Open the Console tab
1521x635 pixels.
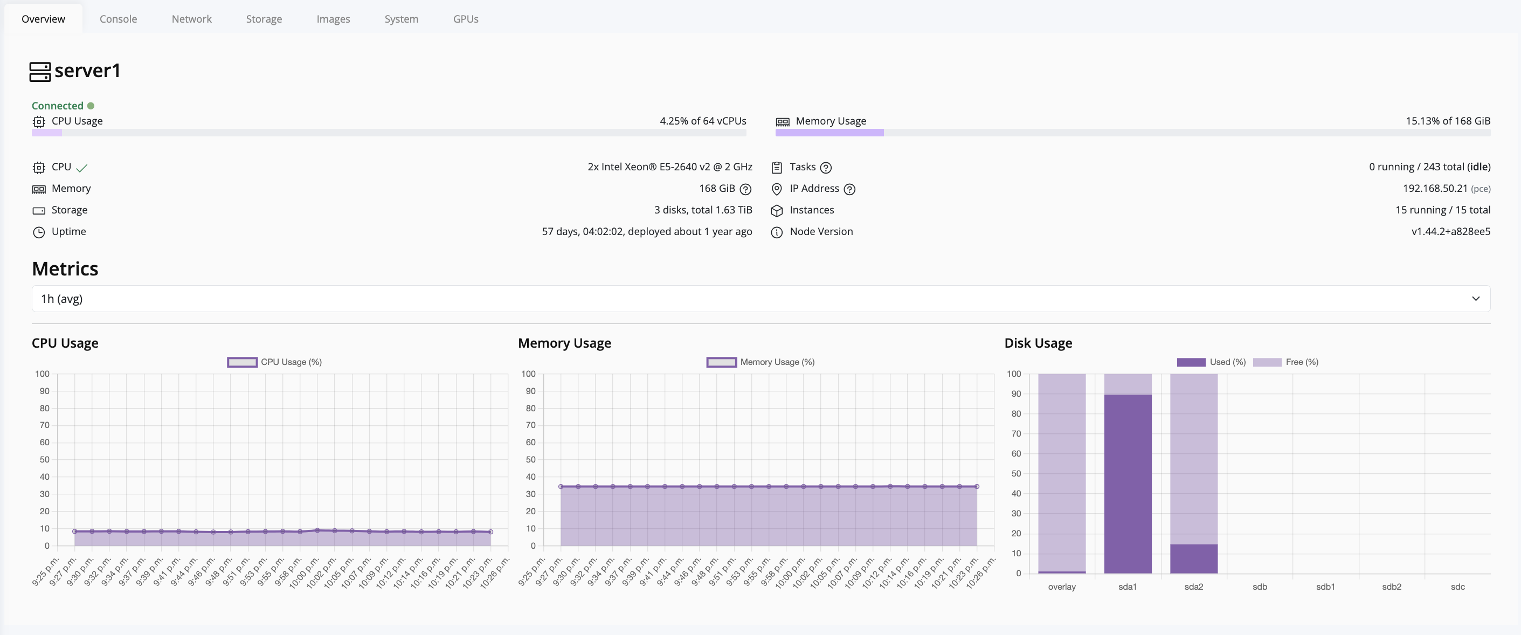pos(118,19)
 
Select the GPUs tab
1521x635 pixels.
pos(465,19)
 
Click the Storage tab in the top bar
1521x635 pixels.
pos(264,19)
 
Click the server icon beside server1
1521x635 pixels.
pos(40,72)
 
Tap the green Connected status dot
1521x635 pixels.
pos(91,106)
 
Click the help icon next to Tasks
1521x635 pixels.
pos(826,168)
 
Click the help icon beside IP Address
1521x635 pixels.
pos(849,189)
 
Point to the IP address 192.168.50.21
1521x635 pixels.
pos(1434,189)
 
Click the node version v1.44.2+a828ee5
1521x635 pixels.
pos(1450,232)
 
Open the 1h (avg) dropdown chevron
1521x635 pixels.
pos(1475,299)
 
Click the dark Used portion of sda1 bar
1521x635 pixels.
pos(1127,485)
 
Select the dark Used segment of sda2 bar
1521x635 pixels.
pos(1193,558)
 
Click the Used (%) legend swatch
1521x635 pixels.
pos(1191,362)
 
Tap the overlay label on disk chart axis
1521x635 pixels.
pos(1061,586)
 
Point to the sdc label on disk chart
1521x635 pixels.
pos(1457,586)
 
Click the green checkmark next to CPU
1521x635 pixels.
pos(82,168)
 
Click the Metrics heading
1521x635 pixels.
pos(65,269)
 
